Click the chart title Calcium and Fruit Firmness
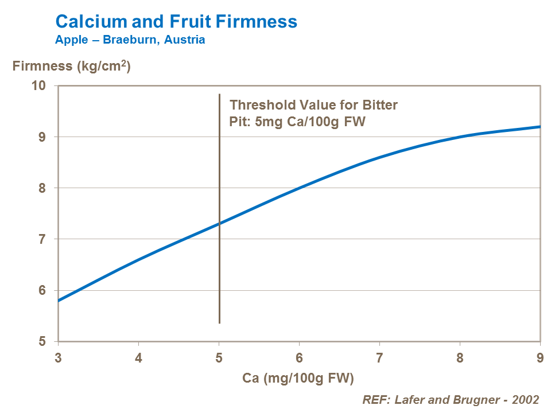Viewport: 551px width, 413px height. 176,22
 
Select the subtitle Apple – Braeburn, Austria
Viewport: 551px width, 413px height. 130,40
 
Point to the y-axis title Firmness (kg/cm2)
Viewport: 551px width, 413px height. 72,67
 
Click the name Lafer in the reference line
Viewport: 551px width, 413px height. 405,400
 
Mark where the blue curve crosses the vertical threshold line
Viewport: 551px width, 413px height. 219,223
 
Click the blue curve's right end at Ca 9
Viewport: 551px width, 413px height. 540,127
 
